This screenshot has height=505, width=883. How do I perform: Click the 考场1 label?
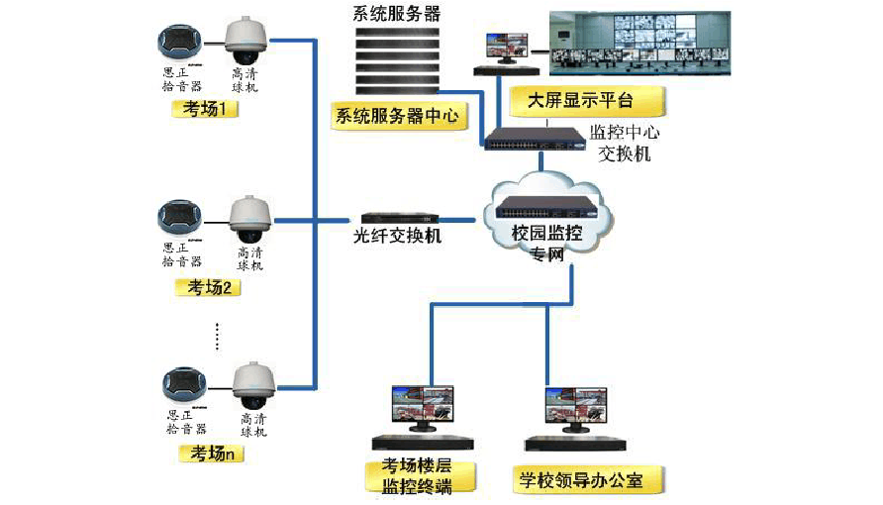pyautogui.click(x=206, y=109)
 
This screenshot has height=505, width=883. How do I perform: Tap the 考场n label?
pyautogui.click(x=209, y=454)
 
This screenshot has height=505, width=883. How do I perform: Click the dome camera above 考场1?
pyautogui.click(x=244, y=38)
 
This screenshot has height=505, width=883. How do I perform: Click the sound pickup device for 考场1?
pyautogui.click(x=181, y=44)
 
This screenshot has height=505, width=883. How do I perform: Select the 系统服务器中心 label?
pyautogui.click(x=397, y=116)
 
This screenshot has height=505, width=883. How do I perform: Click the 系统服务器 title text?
pyautogui.click(x=397, y=14)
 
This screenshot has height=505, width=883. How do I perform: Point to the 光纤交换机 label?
pyautogui.click(x=397, y=237)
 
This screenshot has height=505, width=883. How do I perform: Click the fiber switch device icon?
pyautogui.click(x=399, y=218)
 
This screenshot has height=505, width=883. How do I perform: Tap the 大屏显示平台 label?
pyautogui.click(x=585, y=101)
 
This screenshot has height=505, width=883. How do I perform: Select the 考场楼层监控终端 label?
pyautogui.click(x=424, y=476)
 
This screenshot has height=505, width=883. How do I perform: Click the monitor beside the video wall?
pyautogui.click(x=505, y=48)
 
